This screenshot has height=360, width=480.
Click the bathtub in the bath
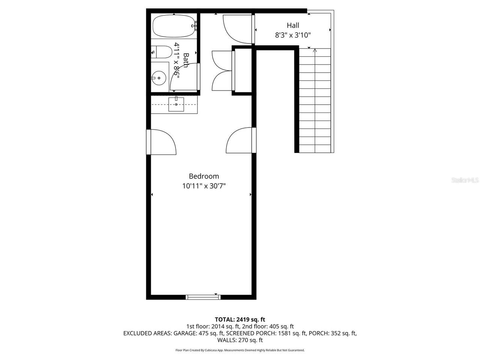pos(174,26)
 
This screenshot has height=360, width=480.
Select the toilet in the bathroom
pos(160,52)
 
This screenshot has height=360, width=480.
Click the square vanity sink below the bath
pos(176,104)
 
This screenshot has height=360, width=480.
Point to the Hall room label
pos(293,25)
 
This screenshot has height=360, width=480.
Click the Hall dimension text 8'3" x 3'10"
pos(293,35)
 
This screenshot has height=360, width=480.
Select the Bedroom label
pos(204,176)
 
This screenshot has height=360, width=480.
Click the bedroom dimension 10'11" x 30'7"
pos(204,186)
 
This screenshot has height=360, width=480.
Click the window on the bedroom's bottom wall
pos(203,297)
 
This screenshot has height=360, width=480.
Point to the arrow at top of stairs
pos(315,51)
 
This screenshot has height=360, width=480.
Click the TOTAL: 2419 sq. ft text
pos(240,319)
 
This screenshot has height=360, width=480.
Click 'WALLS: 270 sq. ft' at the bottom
pos(240,340)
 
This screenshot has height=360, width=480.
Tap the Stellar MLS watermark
pos(465,180)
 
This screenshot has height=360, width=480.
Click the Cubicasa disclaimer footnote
pos(240,350)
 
